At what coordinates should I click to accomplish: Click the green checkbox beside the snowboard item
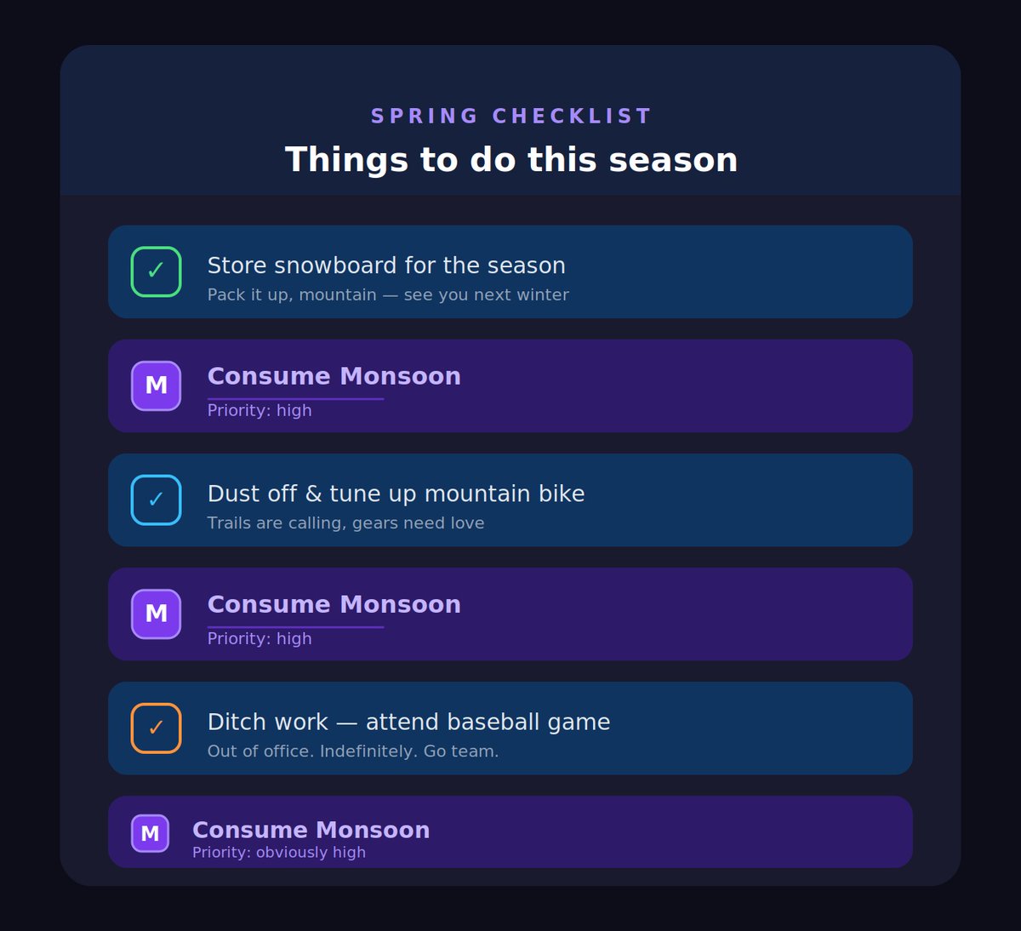(156, 271)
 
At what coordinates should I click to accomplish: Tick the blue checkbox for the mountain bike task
(156, 500)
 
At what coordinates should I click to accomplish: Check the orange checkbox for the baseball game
(156, 728)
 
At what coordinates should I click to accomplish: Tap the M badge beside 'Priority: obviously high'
(150, 833)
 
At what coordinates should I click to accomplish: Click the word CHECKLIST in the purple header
(572, 116)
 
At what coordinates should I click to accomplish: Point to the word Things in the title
(346, 160)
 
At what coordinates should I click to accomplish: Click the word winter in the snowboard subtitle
(545, 294)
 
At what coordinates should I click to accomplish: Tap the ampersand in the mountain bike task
(313, 494)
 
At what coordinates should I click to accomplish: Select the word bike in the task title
(562, 494)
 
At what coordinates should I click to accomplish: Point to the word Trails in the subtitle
(229, 523)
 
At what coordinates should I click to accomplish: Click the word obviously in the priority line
(291, 852)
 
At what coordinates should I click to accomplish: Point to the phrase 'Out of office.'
(260, 751)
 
